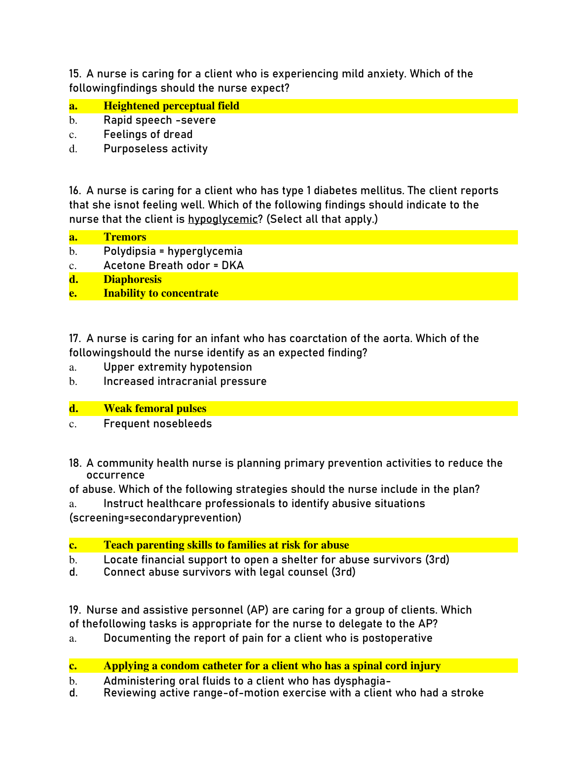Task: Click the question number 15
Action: tap(74, 74)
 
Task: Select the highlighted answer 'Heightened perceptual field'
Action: tap(171, 106)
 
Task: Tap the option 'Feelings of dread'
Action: tap(148, 135)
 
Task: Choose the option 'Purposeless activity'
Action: tap(155, 149)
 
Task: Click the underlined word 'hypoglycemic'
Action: tap(223, 219)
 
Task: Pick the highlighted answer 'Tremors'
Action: tap(125, 237)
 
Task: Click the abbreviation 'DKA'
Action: tap(233, 266)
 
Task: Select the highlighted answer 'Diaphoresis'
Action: tap(132, 279)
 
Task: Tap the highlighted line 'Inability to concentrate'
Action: tap(161, 293)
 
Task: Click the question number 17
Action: tap(74, 339)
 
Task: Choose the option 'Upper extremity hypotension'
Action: tap(178, 367)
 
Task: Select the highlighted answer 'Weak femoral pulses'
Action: tap(155, 409)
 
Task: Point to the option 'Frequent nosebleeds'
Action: tap(157, 424)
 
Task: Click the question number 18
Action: tap(75, 463)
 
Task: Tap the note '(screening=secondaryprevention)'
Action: tap(155, 518)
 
